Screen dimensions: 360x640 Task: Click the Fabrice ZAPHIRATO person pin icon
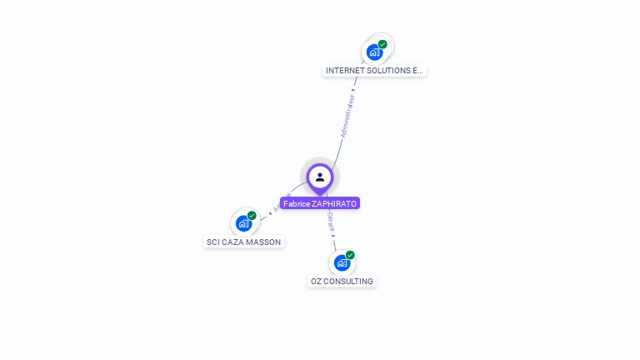[319, 177]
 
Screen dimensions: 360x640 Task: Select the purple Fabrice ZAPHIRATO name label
[320, 203]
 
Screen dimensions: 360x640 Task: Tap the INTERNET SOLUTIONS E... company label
[374, 71]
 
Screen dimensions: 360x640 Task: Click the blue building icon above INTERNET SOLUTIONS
[374, 52]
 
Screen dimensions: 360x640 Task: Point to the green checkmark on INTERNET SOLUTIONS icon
[382, 44]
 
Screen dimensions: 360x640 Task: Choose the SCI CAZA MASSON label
[243, 242]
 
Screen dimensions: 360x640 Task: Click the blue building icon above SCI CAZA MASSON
[243, 223]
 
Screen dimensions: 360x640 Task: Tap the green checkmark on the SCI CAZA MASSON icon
[252, 216]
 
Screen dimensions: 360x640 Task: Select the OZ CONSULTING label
[342, 282]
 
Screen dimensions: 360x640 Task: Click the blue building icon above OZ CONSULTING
[342, 262]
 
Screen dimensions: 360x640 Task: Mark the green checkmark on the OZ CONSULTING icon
[350, 255]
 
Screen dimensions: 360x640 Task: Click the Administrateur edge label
[347, 116]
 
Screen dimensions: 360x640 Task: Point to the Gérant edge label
[331, 220]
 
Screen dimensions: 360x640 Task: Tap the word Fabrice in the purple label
[296, 203]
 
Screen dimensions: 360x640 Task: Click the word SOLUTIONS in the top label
[387, 71]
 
